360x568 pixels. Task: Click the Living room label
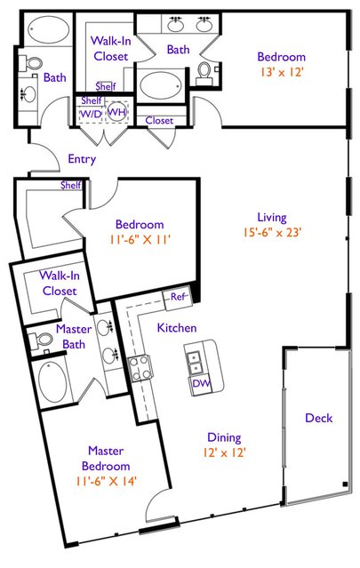click(272, 218)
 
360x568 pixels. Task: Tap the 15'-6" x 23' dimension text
click(272, 232)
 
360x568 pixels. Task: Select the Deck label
click(319, 418)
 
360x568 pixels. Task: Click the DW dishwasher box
click(201, 383)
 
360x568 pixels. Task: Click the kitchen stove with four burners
click(140, 368)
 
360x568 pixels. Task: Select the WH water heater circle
click(116, 112)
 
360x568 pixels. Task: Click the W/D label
click(91, 114)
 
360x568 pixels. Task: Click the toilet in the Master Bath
click(41, 340)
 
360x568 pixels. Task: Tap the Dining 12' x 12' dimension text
click(225, 452)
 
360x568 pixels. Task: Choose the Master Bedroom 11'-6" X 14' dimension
click(106, 481)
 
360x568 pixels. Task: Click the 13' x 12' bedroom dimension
click(282, 72)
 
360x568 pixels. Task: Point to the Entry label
click(82, 159)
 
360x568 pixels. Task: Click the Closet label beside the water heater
click(159, 120)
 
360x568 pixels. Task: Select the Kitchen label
click(177, 328)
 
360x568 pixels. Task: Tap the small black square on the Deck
click(345, 484)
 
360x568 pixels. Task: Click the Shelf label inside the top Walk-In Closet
click(106, 86)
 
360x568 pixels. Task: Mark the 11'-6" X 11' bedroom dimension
click(140, 239)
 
